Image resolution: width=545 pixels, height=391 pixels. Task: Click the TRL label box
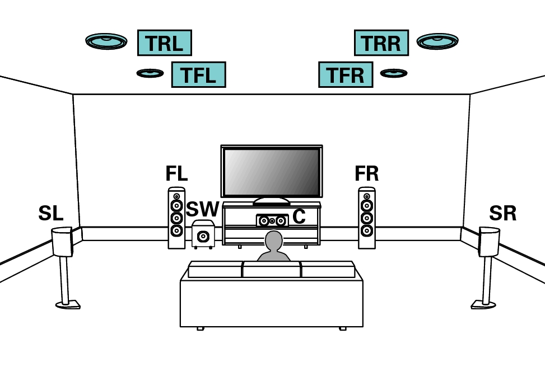[164, 43]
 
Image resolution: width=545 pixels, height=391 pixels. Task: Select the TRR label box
[381, 43]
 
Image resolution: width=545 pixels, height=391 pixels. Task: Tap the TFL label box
[198, 75]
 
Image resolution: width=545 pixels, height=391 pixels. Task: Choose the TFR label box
[345, 75]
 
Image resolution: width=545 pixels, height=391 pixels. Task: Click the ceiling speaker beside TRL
[106, 41]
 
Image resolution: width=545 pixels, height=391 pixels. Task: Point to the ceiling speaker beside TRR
[437, 41]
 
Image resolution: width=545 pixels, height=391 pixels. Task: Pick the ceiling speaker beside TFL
[150, 73]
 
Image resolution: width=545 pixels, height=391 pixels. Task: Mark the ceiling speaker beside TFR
[394, 73]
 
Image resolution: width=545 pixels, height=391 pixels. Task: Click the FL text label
[176, 174]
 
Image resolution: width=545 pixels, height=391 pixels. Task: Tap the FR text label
[366, 174]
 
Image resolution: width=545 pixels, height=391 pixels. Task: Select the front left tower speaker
[176, 218]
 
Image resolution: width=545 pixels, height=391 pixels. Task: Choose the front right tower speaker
[367, 218]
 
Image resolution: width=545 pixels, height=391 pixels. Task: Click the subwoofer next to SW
[203, 235]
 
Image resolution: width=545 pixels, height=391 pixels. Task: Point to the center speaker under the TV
[272, 221]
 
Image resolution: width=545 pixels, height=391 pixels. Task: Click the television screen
[272, 172]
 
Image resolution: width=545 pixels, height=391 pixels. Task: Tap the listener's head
[273, 241]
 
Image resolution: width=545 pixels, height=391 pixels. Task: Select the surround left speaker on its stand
[62, 242]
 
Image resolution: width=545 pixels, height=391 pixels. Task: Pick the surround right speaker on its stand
[489, 242]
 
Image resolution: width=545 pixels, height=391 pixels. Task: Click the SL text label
[50, 214]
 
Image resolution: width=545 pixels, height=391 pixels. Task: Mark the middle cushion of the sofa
[271, 270]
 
